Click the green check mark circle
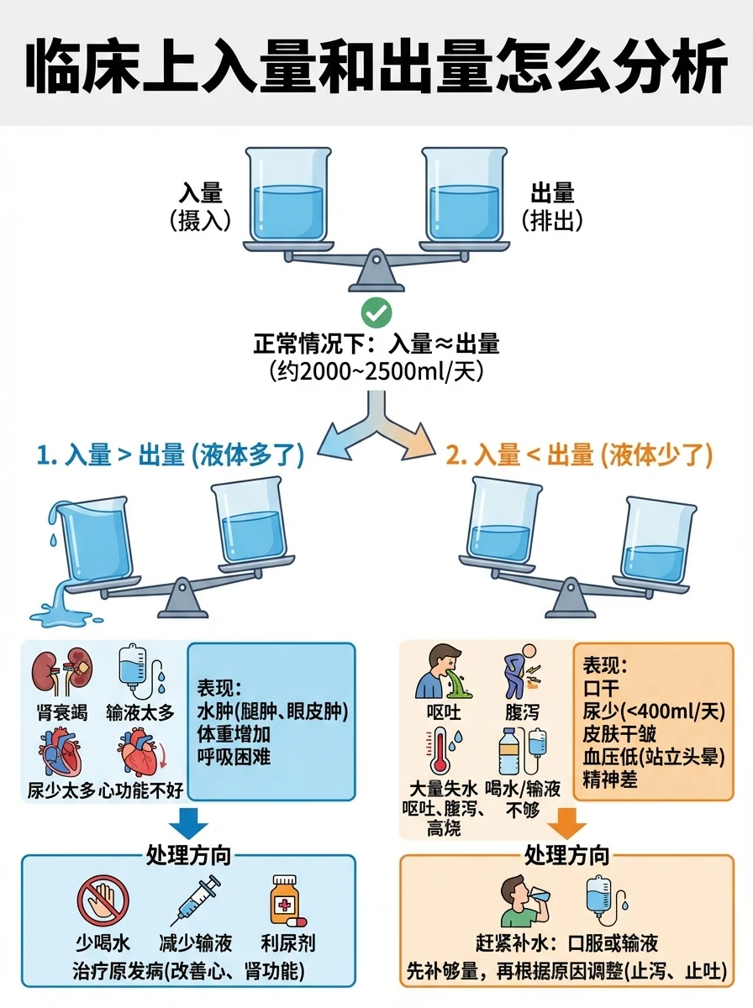pyautogui.click(x=376, y=312)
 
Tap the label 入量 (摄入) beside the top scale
pyautogui.click(x=200, y=206)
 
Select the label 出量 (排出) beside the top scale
pyautogui.click(x=551, y=206)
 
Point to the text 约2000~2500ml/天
pyautogui.click(x=376, y=370)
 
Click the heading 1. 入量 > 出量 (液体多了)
pyautogui.click(x=171, y=455)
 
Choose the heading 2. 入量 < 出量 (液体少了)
pyautogui.click(x=580, y=455)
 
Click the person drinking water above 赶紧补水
pyautogui.click(x=524, y=900)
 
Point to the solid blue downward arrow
pyautogui.click(x=188, y=824)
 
